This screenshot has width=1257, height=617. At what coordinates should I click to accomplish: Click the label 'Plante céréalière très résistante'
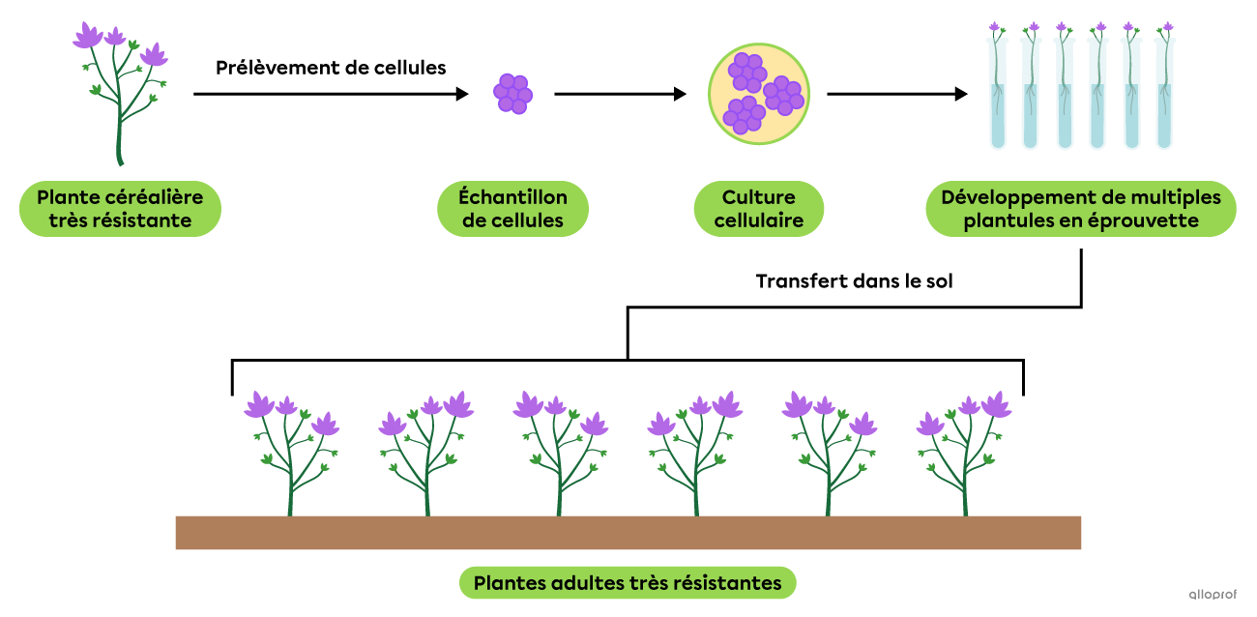[x=120, y=209]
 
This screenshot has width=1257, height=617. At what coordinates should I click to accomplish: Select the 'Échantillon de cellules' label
[x=512, y=209]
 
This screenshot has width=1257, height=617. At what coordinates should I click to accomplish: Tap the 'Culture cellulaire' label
[x=759, y=209]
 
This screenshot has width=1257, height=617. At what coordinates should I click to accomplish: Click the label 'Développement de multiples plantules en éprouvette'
[x=1080, y=209]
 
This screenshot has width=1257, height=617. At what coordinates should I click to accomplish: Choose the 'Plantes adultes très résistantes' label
[x=628, y=583]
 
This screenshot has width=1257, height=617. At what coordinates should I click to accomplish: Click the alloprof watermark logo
[x=1213, y=595]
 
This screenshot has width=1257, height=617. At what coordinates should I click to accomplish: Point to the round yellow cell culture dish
[x=759, y=94]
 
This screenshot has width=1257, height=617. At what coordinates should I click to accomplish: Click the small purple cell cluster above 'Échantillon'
[x=512, y=94]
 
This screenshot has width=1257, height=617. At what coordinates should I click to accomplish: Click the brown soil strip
[x=628, y=533]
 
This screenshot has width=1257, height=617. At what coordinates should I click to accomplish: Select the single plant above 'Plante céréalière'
[x=120, y=92]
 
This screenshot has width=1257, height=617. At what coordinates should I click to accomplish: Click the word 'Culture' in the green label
[x=759, y=197]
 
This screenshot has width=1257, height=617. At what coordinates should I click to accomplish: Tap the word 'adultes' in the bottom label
[x=589, y=583]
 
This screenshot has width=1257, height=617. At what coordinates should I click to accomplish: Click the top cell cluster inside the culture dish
[x=747, y=72]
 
